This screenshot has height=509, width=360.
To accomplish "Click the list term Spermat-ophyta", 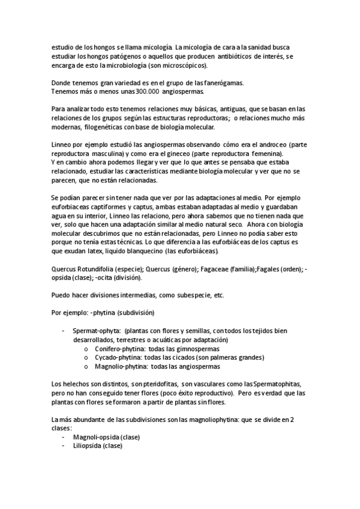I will (95, 330).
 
